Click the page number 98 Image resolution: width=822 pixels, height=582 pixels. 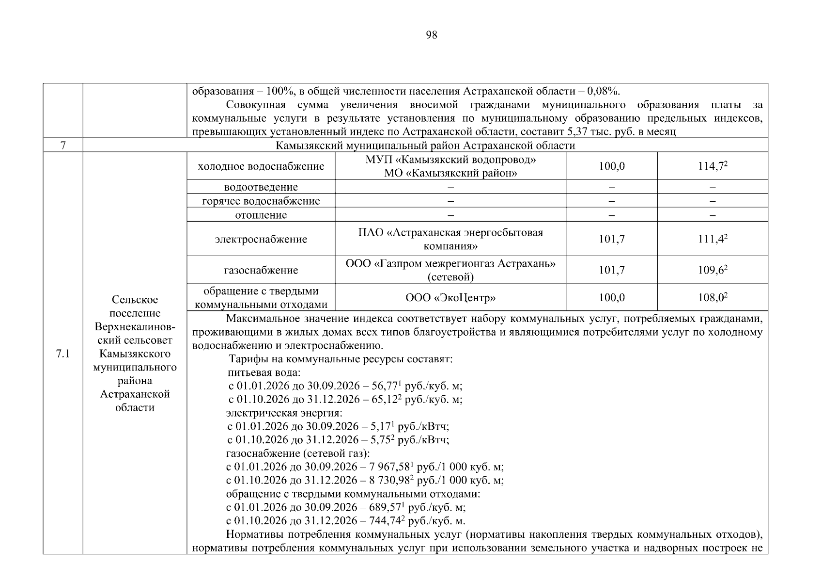(x=431, y=35)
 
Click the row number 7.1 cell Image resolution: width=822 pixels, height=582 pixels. (x=62, y=354)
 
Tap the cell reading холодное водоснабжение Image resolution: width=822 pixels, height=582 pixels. (x=261, y=166)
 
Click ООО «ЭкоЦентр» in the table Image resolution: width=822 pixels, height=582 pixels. (x=450, y=298)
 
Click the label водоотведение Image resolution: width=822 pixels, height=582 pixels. (x=261, y=187)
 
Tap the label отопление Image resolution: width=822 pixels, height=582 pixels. (x=261, y=215)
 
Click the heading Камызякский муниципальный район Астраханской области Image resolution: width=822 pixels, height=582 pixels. (x=425, y=145)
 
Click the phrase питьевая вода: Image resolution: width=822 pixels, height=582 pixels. (x=264, y=373)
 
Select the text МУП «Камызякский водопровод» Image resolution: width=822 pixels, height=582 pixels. (x=450, y=160)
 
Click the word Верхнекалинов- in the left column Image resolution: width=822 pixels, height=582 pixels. (x=135, y=327)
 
